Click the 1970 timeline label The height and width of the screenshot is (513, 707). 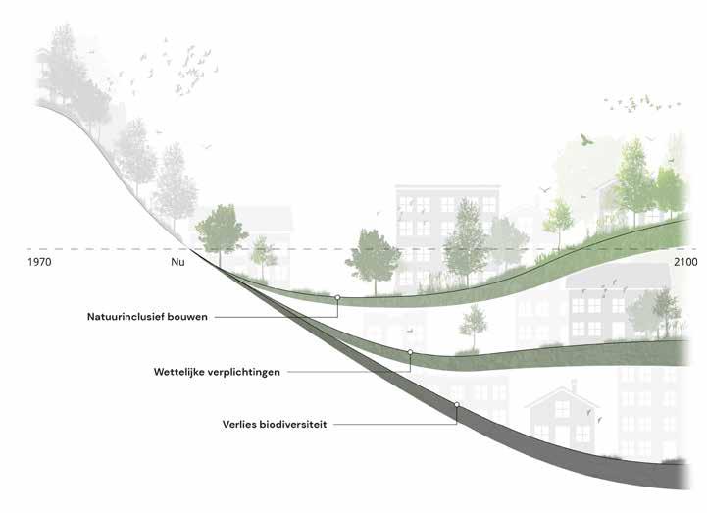[x=40, y=265]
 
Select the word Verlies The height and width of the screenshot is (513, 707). [x=242, y=425]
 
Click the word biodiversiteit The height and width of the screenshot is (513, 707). [x=295, y=425]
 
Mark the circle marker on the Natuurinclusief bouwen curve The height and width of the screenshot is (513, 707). [x=337, y=296]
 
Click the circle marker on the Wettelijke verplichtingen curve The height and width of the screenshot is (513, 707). [x=410, y=352]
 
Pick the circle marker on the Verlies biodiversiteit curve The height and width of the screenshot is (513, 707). [x=457, y=404]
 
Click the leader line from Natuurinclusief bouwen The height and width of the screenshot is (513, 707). [x=284, y=317]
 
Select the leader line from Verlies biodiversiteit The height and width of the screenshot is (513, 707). [x=392, y=424]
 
